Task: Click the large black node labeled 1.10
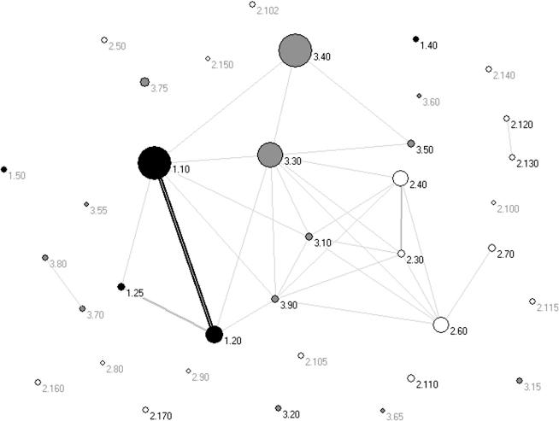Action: (154, 162)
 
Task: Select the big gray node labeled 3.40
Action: (294, 50)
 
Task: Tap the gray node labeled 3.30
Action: (270, 155)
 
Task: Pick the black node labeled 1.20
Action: (215, 334)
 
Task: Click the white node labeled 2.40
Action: (399, 178)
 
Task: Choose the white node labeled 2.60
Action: (440, 325)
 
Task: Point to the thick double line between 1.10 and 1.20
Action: (185, 249)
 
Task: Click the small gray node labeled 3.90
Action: (274, 299)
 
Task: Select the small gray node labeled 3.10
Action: (309, 237)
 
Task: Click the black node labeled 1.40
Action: (415, 38)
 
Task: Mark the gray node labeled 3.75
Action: (144, 82)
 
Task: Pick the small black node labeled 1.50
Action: (4, 169)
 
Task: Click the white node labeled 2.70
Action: (491, 249)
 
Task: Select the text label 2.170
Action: (161, 416)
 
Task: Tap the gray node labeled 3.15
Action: (520, 381)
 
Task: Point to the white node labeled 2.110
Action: (410, 377)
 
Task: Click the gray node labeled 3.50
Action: (411, 143)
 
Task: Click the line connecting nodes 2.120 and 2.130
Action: (509, 137)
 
